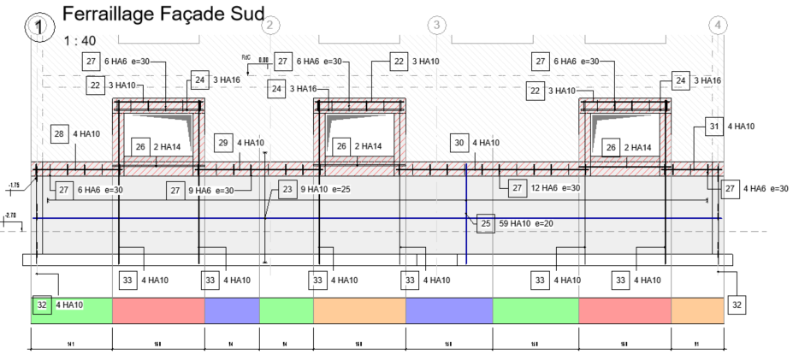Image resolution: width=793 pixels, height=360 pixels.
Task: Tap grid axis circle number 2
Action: (269, 25)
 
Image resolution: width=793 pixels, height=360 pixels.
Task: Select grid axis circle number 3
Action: (437, 25)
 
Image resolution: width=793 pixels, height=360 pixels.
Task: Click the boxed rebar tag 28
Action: (59, 133)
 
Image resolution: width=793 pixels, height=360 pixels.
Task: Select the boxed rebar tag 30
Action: (459, 143)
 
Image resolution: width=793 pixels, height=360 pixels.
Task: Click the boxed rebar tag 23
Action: (287, 189)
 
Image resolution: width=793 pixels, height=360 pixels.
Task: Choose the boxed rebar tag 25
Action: (486, 224)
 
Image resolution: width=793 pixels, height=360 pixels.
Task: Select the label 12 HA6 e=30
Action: (559, 187)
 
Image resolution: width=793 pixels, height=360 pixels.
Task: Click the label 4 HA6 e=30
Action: (766, 188)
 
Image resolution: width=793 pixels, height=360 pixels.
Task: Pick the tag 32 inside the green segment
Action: (41, 304)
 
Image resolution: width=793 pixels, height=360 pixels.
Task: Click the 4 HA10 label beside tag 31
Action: (741, 127)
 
